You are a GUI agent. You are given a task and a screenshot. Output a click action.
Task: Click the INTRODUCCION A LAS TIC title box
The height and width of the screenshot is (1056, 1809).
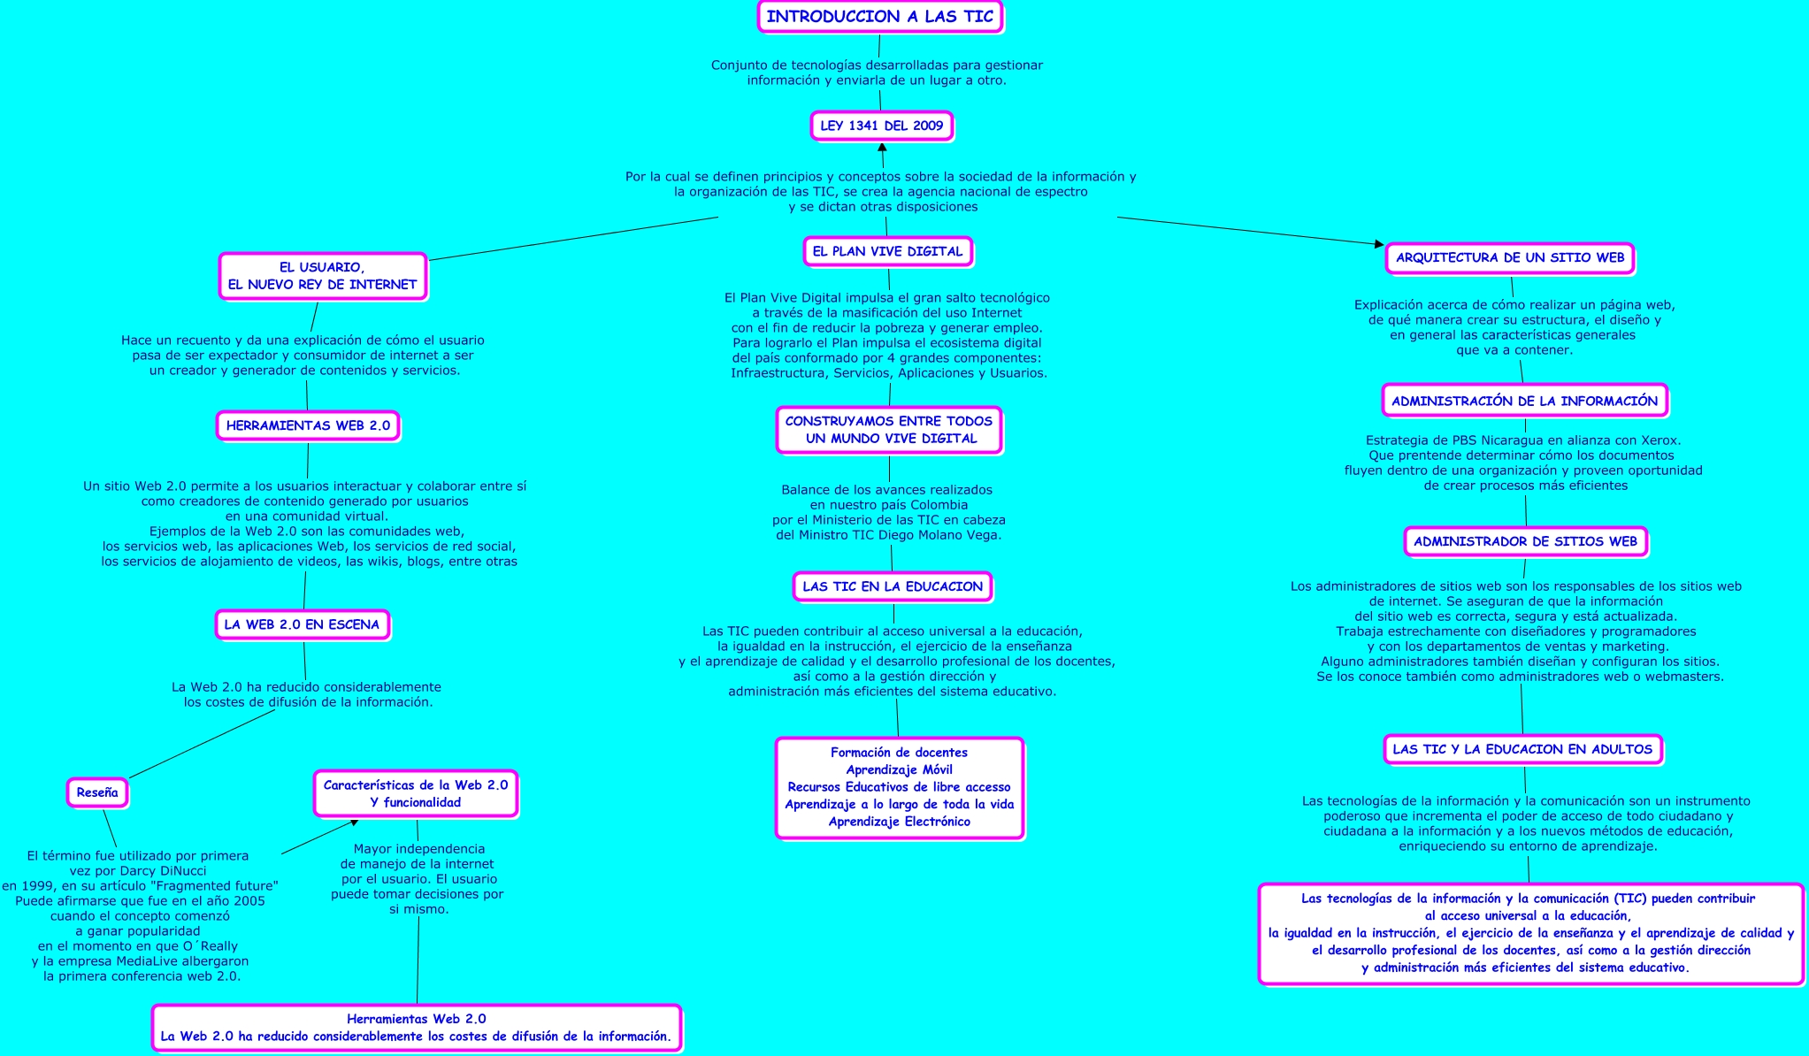(879, 17)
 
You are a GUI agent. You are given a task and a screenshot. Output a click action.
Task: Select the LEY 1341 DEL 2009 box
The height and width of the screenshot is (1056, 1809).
(881, 126)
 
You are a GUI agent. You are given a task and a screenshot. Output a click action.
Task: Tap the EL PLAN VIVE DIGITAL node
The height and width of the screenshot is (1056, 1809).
(887, 251)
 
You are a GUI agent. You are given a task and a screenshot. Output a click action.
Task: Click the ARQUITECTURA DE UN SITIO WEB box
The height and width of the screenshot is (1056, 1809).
(1510, 258)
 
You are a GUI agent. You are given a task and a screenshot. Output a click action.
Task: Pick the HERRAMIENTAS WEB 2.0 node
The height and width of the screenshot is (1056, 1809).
(308, 425)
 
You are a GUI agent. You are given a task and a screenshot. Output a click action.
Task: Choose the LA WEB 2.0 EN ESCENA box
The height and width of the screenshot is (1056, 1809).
(302, 624)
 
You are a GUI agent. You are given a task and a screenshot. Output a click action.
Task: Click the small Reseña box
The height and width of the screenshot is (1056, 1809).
(97, 793)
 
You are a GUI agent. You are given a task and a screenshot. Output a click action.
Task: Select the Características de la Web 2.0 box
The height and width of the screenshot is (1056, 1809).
(416, 793)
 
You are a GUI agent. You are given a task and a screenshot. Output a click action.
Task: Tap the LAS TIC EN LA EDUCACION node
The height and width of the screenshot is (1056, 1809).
(893, 586)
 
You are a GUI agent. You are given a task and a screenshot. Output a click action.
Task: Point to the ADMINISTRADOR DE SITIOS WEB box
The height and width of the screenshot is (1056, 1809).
(1525, 541)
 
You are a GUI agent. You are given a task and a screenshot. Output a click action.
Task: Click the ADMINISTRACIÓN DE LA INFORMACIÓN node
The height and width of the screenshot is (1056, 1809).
(1524, 401)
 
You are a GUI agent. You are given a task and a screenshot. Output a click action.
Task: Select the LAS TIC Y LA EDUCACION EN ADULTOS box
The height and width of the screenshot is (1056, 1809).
(1522, 749)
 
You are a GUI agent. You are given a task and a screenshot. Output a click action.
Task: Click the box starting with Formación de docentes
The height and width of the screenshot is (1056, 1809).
(900, 787)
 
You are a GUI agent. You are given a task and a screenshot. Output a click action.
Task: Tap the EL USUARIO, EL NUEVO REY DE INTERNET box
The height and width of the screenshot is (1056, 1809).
(323, 276)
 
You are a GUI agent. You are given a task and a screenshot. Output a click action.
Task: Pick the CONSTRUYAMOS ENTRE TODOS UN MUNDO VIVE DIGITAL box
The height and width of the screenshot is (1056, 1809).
(889, 430)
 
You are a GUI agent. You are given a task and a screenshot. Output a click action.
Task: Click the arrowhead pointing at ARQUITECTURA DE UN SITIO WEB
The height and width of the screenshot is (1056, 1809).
(1378, 243)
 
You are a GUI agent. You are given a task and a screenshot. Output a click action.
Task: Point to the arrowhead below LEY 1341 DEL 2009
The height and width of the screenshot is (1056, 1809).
(882, 148)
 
